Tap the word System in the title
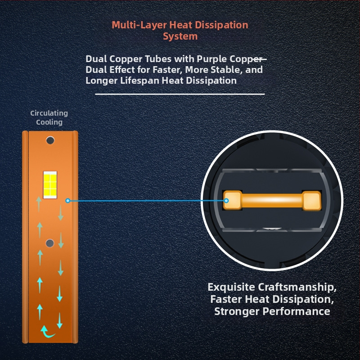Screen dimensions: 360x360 click(180, 36)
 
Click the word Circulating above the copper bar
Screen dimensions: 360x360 click(49, 113)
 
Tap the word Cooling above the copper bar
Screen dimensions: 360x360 click(49, 122)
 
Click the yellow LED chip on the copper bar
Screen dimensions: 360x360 click(50, 185)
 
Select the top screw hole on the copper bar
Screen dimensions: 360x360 click(50, 140)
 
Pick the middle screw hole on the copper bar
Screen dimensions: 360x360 click(50, 243)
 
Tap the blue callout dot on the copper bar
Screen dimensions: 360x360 click(68, 201)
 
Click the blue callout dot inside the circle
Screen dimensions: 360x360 click(226, 201)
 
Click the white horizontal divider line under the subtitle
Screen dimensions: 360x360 click(180, 94)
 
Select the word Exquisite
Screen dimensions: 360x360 click(231, 288)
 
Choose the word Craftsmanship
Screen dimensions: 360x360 click(297, 288)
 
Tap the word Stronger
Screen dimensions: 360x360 click(237, 312)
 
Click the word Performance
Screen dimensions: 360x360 click(296, 311)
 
